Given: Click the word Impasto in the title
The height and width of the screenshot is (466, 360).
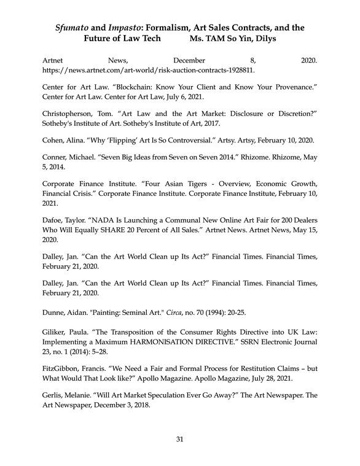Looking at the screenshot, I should click(x=133, y=28).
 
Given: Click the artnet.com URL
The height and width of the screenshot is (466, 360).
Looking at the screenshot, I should click(x=148, y=70).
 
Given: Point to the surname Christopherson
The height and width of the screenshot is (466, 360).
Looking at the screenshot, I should click(x=69, y=114).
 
